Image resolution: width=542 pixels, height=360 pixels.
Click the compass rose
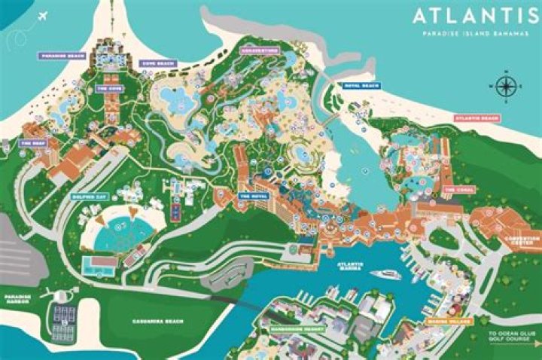[505, 87]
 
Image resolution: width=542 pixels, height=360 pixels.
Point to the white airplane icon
[41, 15]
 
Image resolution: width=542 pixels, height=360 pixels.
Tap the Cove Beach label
[158, 63]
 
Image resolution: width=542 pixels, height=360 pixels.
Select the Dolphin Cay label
[89, 197]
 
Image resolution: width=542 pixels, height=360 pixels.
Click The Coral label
[458, 190]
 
